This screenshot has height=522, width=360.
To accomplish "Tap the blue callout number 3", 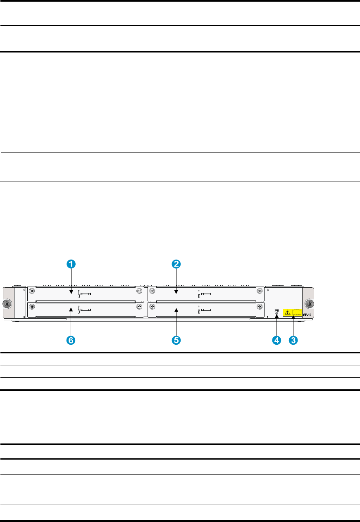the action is [x=293, y=340].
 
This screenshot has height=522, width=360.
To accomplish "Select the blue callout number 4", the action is [x=276, y=340].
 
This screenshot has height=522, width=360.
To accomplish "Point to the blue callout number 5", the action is [x=176, y=340].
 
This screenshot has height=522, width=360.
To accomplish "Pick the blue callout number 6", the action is [x=71, y=340].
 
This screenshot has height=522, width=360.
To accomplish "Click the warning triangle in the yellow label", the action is [x=288, y=312].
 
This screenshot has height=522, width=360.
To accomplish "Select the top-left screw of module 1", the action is [x=31, y=290].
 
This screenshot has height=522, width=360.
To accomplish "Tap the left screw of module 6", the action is [x=31, y=307].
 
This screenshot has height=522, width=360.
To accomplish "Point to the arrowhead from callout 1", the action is [x=71, y=294].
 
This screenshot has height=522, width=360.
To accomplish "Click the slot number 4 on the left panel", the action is [x=24, y=290].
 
